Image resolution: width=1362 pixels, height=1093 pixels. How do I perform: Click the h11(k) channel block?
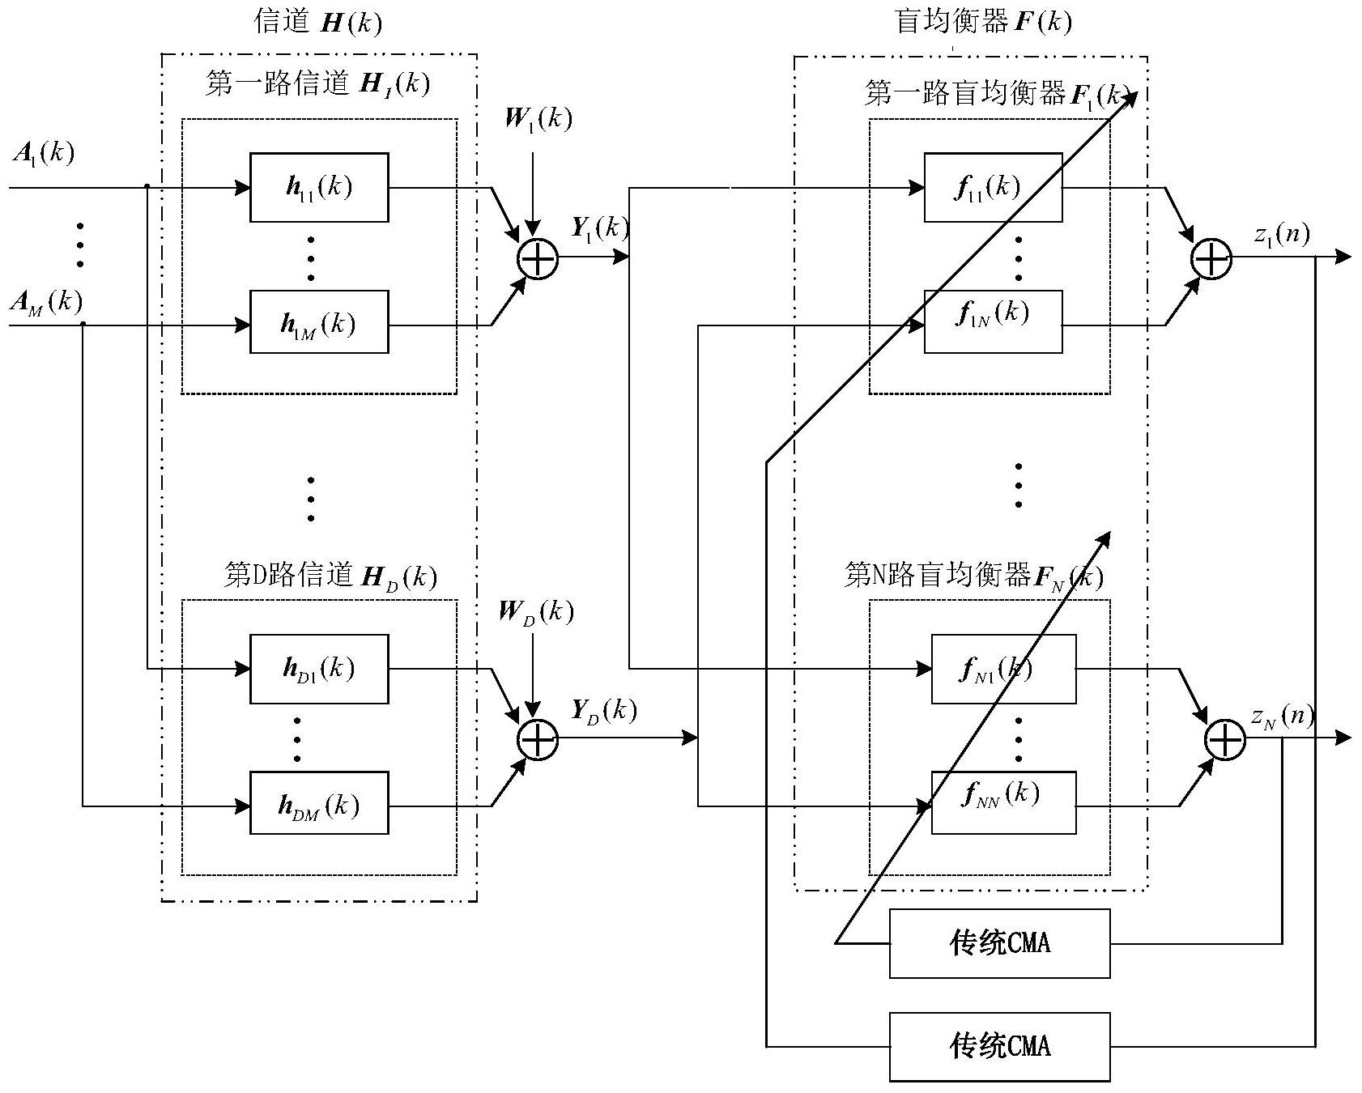[319, 187]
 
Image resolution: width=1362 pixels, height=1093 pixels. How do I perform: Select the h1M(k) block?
[319, 322]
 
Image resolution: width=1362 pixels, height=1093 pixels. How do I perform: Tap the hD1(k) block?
[319, 669]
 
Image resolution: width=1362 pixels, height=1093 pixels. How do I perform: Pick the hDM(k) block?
[319, 803]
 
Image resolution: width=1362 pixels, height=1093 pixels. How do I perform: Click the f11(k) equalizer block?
[993, 187]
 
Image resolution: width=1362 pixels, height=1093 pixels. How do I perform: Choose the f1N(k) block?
[993, 322]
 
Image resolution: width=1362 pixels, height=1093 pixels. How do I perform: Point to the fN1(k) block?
[1003, 669]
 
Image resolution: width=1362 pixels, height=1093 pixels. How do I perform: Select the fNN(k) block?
[1003, 803]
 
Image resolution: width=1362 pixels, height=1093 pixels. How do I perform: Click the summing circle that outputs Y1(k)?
[538, 258]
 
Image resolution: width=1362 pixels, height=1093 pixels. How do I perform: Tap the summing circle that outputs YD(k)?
[538, 738]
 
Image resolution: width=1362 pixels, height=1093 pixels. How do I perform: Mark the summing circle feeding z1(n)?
[1211, 258]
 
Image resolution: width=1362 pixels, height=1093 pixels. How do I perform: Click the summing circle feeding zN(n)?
[1225, 738]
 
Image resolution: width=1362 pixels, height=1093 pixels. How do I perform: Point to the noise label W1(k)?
[538, 119]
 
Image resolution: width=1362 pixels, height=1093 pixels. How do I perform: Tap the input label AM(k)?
[46, 302]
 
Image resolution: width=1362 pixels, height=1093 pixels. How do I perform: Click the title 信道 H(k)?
[318, 22]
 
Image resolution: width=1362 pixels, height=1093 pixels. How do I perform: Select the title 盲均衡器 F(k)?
[983, 22]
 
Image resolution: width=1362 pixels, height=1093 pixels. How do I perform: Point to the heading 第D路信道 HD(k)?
[330, 576]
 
